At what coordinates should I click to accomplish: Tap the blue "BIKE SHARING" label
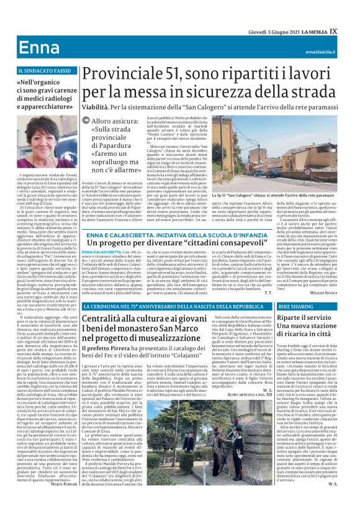coord(295,307)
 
